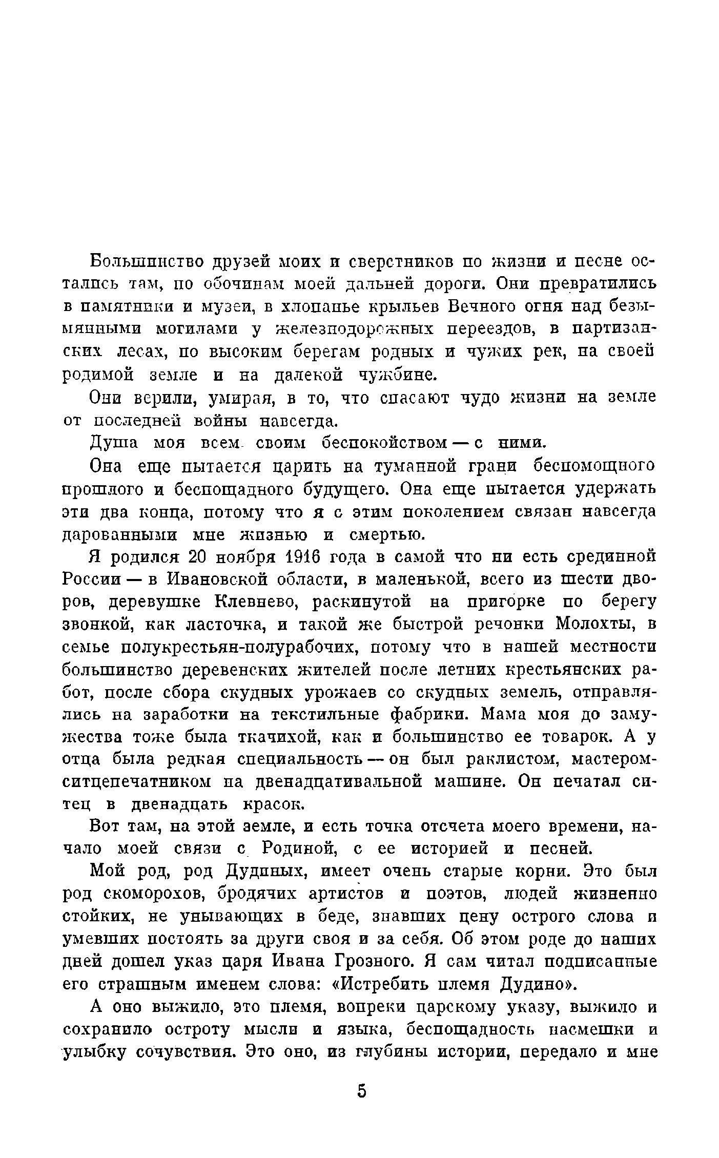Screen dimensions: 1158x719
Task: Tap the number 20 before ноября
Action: (x=200, y=557)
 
